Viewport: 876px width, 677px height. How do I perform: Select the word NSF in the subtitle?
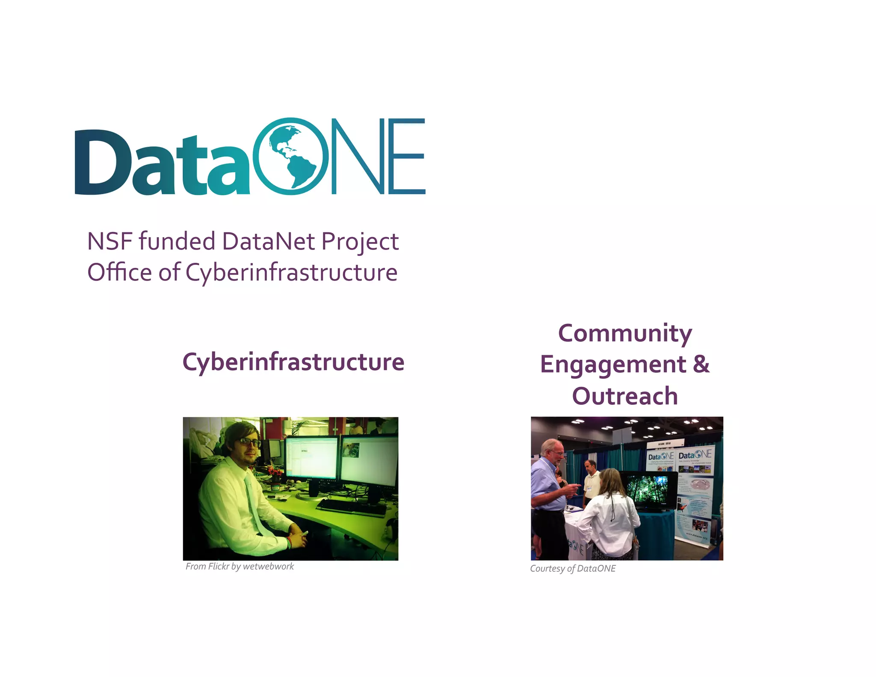click(x=109, y=241)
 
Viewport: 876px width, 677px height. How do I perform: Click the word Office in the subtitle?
click(x=119, y=272)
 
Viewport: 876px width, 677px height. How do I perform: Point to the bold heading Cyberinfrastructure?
click(x=293, y=362)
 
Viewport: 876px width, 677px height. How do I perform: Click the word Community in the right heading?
click(x=624, y=334)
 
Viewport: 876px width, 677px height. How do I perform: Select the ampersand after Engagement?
click(x=701, y=364)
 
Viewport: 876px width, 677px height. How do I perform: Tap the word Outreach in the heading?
click(x=624, y=396)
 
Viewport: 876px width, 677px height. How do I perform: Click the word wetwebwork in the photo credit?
click(x=268, y=566)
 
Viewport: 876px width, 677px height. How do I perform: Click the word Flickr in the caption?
click(x=219, y=566)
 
